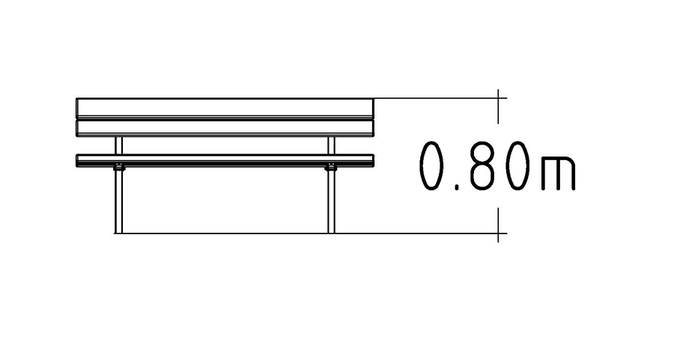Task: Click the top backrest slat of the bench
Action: tap(225, 107)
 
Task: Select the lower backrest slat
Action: tap(225, 128)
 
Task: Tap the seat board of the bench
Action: tap(225, 160)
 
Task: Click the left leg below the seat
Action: tap(118, 202)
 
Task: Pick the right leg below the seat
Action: tap(331, 202)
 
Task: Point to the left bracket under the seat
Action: tap(119, 168)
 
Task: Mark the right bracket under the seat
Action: tap(331, 168)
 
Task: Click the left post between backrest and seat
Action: tap(118, 146)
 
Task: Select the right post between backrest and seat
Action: tap(331, 146)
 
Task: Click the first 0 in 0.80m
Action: tap(431, 166)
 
